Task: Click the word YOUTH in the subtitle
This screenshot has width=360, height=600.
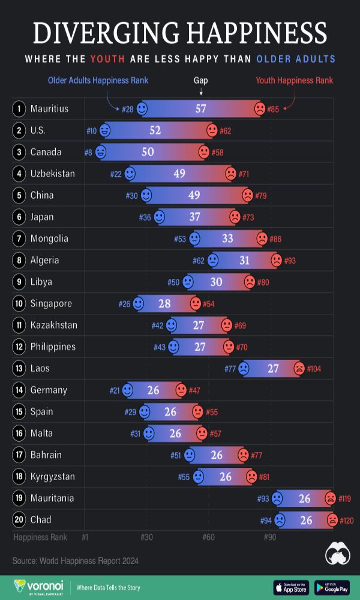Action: (107, 59)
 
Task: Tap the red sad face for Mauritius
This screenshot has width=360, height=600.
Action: (259, 109)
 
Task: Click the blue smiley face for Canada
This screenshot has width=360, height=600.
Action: (101, 152)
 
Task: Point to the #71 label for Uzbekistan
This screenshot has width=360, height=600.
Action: (244, 174)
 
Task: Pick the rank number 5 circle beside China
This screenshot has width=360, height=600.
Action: (19, 195)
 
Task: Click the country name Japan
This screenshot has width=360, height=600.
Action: (42, 217)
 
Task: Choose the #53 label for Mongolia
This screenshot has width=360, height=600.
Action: (180, 239)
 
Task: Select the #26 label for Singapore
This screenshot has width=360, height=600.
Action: (124, 304)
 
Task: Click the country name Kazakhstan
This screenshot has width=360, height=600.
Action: (53, 325)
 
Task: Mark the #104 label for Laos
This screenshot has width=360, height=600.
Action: (314, 368)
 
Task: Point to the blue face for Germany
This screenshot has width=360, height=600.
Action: (127, 391)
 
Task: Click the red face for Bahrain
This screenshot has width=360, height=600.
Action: (243, 455)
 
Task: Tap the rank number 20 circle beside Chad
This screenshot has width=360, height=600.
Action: (19, 520)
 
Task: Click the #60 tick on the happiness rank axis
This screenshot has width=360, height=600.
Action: (208, 537)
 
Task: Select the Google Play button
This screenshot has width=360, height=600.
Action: (332, 587)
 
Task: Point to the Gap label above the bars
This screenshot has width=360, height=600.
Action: (201, 80)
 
